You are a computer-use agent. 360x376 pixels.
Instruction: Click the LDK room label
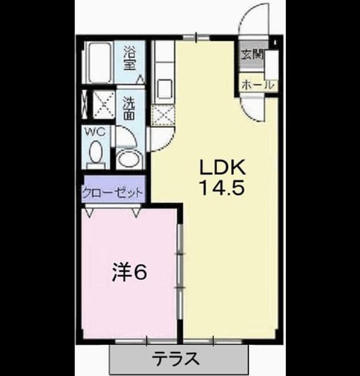(223, 167)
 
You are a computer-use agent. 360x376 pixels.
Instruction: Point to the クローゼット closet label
(113, 192)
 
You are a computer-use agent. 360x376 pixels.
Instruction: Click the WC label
(96, 132)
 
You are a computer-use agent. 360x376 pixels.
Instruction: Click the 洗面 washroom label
(130, 109)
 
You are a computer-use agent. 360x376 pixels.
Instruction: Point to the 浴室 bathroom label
(130, 58)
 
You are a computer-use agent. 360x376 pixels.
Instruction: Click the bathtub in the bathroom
(98, 62)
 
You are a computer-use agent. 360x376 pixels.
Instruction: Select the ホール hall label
(258, 85)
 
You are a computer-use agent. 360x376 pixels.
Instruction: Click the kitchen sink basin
(165, 89)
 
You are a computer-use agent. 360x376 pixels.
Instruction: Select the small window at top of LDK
(196, 37)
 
